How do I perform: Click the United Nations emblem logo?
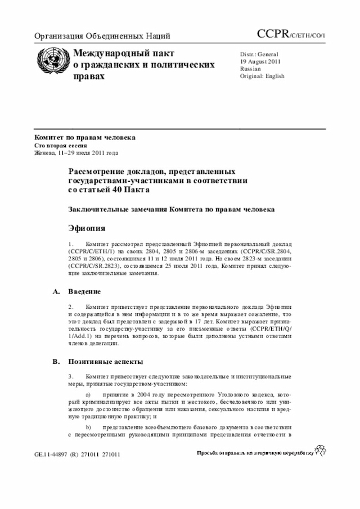click(51, 61)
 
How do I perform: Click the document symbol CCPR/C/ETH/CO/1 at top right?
click(290, 35)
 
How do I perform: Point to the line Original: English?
click(262, 76)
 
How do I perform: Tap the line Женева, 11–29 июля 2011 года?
click(76, 152)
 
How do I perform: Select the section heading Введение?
click(85, 292)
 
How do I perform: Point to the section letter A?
click(56, 292)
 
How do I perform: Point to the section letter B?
click(56, 361)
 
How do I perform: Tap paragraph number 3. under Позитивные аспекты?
click(71, 375)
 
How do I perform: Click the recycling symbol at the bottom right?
click(320, 449)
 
